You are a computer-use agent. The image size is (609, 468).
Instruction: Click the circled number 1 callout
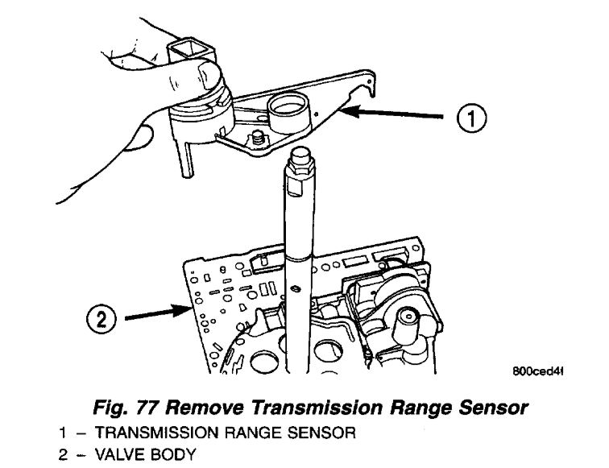(x=476, y=119)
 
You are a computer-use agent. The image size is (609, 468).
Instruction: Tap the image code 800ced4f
(x=535, y=371)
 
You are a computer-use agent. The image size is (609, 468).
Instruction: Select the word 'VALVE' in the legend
(x=110, y=454)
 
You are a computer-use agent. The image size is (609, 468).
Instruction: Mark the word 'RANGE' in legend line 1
(x=235, y=433)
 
